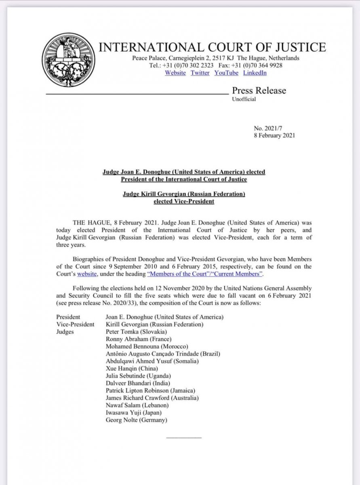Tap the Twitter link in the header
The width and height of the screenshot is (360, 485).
coord(200,73)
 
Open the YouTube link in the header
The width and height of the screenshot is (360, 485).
coord(226,73)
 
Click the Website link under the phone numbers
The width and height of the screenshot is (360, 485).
coord(175,73)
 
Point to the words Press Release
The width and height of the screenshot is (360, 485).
coord(259,91)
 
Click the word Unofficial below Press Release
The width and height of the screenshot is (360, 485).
coord(244,99)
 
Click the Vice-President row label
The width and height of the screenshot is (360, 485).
coord(76,324)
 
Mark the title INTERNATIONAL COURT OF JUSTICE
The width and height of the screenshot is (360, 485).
coord(212,47)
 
